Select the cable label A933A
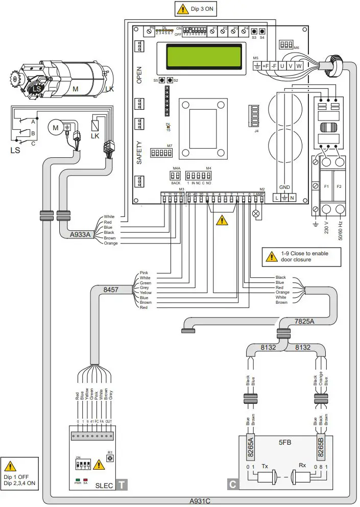pos(82,235)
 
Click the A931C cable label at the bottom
pos(201,501)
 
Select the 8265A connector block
pos(251,447)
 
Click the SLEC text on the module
pos(104,485)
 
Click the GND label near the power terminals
pos(284,187)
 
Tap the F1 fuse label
pos(327,187)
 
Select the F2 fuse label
pos(339,187)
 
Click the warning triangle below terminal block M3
pos(221,221)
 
